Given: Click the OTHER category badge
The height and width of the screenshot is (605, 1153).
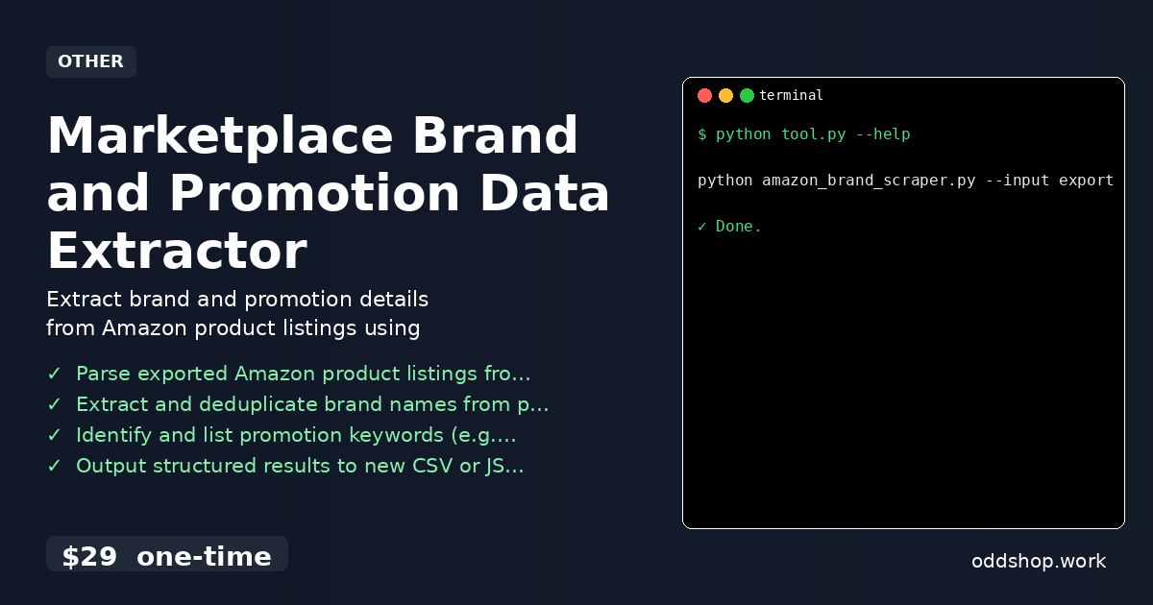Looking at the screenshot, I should [90, 61].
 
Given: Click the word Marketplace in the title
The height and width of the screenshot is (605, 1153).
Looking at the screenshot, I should [219, 135].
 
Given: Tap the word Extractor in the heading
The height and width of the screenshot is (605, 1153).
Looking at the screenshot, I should [177, 251].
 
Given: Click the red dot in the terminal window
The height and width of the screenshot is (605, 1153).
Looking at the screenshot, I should [704, 95].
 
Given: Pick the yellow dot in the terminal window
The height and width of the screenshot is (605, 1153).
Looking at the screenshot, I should [725, 95].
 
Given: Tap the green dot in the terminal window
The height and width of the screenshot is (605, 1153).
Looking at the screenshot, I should [747, 95].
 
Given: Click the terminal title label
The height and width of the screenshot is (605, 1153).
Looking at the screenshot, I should [791, 95].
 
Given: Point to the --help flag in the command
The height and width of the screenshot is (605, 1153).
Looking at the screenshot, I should [882, 134].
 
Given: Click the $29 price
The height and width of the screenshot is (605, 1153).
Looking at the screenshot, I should [89, 556].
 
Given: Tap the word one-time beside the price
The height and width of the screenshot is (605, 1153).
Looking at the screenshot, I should [204, 556].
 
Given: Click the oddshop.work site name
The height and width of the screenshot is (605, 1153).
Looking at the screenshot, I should [1039, 561].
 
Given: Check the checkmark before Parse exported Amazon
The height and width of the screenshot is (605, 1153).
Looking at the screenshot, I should [54, 374].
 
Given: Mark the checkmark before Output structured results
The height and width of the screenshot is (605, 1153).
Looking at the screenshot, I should [54, 466].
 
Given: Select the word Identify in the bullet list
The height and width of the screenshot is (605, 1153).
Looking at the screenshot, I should [114, 435].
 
